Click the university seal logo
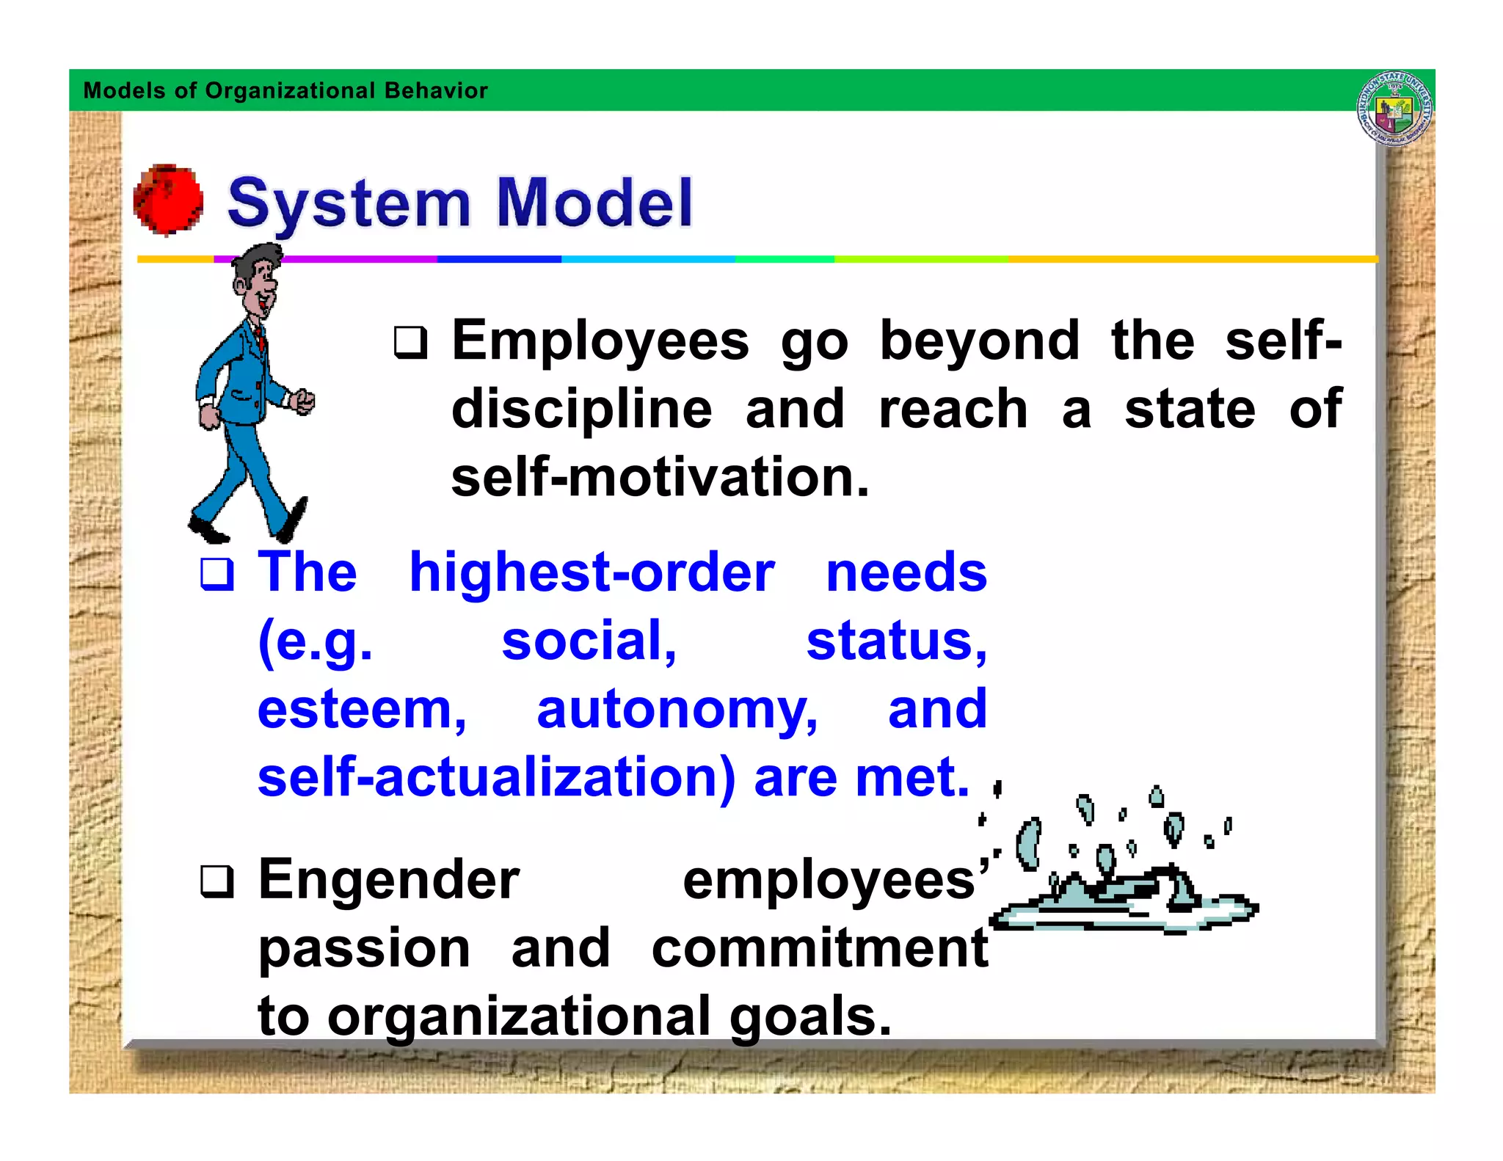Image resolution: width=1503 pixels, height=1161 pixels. coord(1394,109)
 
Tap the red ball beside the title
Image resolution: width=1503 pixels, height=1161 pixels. coord(168,200)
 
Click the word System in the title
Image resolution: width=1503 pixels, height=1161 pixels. coord(349,203)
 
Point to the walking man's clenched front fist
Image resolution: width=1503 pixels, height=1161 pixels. coord(302,401)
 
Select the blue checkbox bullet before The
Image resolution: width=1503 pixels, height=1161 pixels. coord(217,574)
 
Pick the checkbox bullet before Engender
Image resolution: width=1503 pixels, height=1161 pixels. coord(217,881)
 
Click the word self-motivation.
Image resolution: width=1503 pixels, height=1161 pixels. coord(659,477)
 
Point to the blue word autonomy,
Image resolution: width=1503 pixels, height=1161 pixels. coord(677,710)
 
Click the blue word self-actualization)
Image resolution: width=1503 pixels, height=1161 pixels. coord(496,778)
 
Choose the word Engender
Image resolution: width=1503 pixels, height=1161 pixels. coord(389,880)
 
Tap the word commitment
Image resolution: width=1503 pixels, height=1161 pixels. coord(820,948)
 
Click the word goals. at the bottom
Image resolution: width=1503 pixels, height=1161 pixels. coord(810,1017)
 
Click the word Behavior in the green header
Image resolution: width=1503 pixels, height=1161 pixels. coord(436,90)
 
